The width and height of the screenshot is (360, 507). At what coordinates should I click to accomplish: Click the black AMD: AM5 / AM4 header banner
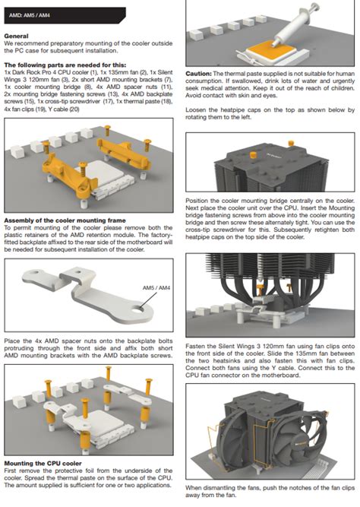[65, 15]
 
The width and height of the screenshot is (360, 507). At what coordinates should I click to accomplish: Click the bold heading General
[16, 36]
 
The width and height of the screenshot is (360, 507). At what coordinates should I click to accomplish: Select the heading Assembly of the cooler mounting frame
[65, 220]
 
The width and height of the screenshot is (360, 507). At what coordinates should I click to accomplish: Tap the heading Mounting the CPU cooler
[43, 464]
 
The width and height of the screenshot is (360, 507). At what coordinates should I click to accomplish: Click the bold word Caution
[199, 74]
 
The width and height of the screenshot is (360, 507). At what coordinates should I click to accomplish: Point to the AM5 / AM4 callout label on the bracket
[156, 287]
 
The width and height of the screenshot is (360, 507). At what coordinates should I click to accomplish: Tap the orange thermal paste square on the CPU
[271, 48]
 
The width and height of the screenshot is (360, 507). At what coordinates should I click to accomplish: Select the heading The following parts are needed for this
[65, 65]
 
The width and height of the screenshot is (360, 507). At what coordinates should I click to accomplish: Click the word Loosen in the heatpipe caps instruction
[195, 110]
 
